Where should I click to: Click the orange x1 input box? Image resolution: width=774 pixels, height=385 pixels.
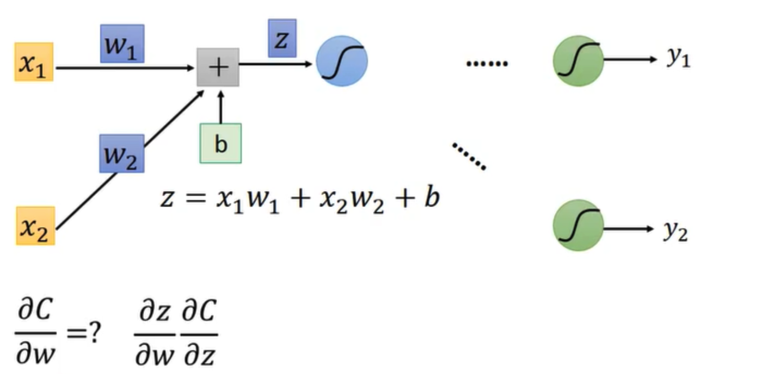tap(34, 62)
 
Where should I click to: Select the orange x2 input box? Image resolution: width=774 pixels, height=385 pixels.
tap(35, 226)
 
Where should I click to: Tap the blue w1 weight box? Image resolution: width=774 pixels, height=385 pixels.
tap(122, 44)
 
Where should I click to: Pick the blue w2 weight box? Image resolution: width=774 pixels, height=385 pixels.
tap(121, 153)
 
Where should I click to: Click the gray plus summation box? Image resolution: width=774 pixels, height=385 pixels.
tap(218, 67)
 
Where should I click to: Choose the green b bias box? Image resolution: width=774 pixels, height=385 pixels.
tap(220, 144)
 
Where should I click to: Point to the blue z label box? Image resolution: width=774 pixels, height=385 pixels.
tap(282, 39)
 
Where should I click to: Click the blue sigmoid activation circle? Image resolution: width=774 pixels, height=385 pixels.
tap(342, 61)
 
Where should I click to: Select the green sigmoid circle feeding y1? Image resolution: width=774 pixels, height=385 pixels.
tap(578, 61)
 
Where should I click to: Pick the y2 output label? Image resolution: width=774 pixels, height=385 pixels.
tap(675, 231)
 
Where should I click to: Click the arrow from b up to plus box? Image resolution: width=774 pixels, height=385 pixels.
tap(220, 106)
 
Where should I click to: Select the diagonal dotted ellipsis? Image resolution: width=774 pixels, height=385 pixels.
tap(469, 157)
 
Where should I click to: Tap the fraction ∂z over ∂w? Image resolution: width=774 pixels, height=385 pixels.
tap(155, 333)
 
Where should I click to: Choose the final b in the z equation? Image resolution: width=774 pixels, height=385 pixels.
tap(431, 198)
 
